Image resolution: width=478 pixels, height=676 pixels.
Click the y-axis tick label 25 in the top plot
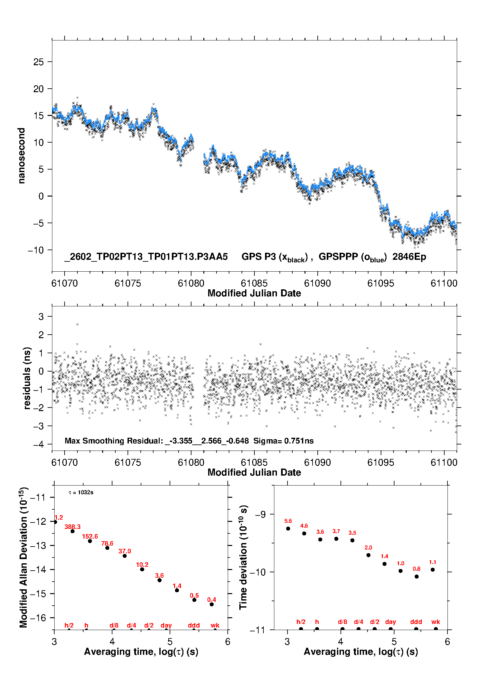[38, 62]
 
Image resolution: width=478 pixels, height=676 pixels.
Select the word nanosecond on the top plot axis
[22, 156]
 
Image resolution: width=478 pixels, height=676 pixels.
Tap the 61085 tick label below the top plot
[254, 283]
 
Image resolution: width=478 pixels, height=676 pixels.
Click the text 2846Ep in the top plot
[409, 257]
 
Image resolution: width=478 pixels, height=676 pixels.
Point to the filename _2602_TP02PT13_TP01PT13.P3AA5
[146, 257]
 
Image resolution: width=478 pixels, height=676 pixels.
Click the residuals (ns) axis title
[27, 378]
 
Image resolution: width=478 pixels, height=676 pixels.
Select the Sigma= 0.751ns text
[283, 441]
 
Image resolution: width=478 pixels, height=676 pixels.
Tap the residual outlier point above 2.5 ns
[77, 324]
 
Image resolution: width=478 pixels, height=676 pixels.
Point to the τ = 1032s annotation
[81, 492]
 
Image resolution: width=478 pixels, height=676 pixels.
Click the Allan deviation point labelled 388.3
[73, 531]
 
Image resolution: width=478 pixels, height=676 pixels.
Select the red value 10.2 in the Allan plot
[142, 565]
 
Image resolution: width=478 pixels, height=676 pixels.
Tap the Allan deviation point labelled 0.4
[212, 604]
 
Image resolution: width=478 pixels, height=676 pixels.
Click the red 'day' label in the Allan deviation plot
[166, 625]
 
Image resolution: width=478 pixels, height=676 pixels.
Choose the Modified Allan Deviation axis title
[23, 557]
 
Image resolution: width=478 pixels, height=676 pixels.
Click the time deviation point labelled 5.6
[288, 529]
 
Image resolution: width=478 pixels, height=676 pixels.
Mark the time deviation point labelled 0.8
[417, 576]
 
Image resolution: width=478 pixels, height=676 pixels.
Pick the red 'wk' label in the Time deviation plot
[436, 622]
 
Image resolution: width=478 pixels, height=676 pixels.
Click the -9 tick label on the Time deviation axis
[260, 514]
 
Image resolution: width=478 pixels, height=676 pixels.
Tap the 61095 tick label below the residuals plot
[381, 462]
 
